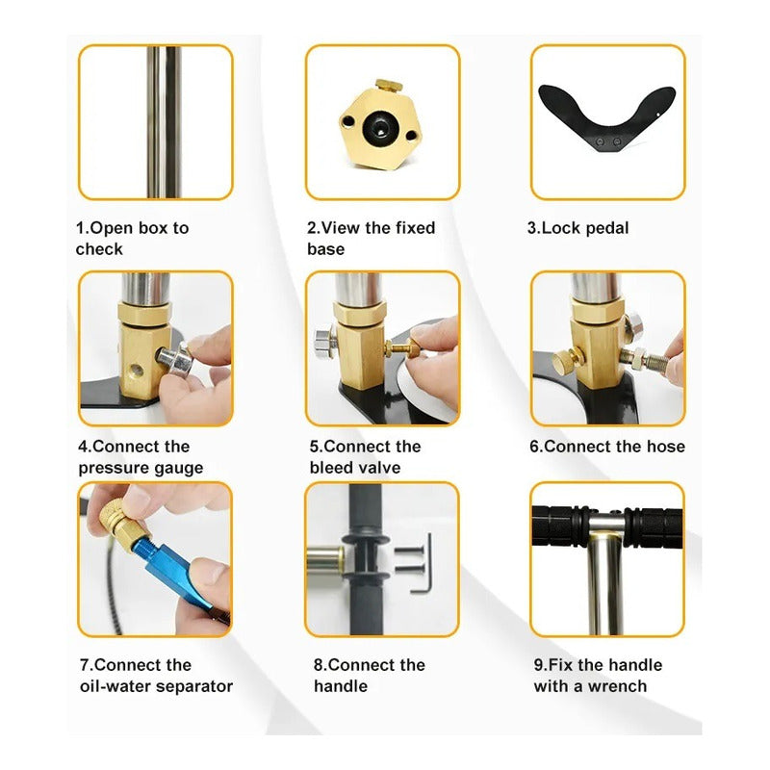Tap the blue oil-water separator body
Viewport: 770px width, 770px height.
tap(179, 570)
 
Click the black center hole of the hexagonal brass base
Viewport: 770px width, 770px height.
tap(380, 129)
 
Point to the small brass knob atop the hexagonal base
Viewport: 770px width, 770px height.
tap(389, 86)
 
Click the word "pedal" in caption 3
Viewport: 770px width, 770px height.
tap(607, 228)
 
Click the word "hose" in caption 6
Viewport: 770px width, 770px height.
tap(665, 447)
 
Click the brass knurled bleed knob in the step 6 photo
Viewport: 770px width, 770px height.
tap(566, 359)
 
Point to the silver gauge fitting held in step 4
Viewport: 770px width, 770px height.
tap(176, 360)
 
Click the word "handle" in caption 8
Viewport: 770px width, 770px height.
tap(341, 686)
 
